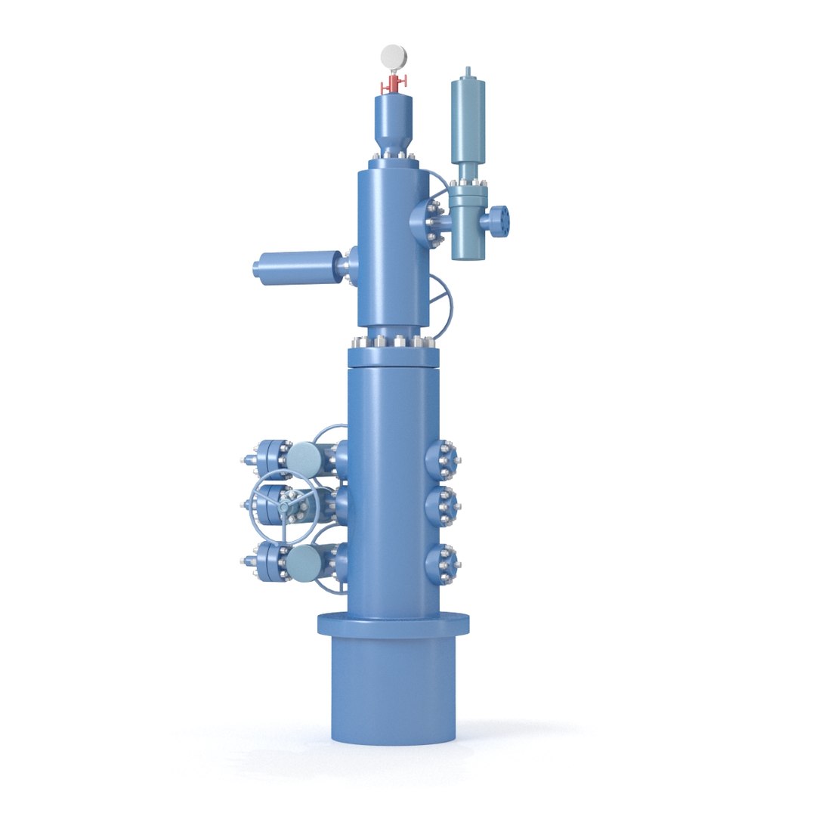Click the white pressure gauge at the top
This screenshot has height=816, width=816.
point(394,56)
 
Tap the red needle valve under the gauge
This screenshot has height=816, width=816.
point(394,83)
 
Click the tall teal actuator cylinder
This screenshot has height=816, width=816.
point(467,120)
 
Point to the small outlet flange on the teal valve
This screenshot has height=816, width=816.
point(500,220)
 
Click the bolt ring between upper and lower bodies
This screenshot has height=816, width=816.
point(393,342)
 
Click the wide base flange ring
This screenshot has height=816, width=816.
point(393,623)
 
